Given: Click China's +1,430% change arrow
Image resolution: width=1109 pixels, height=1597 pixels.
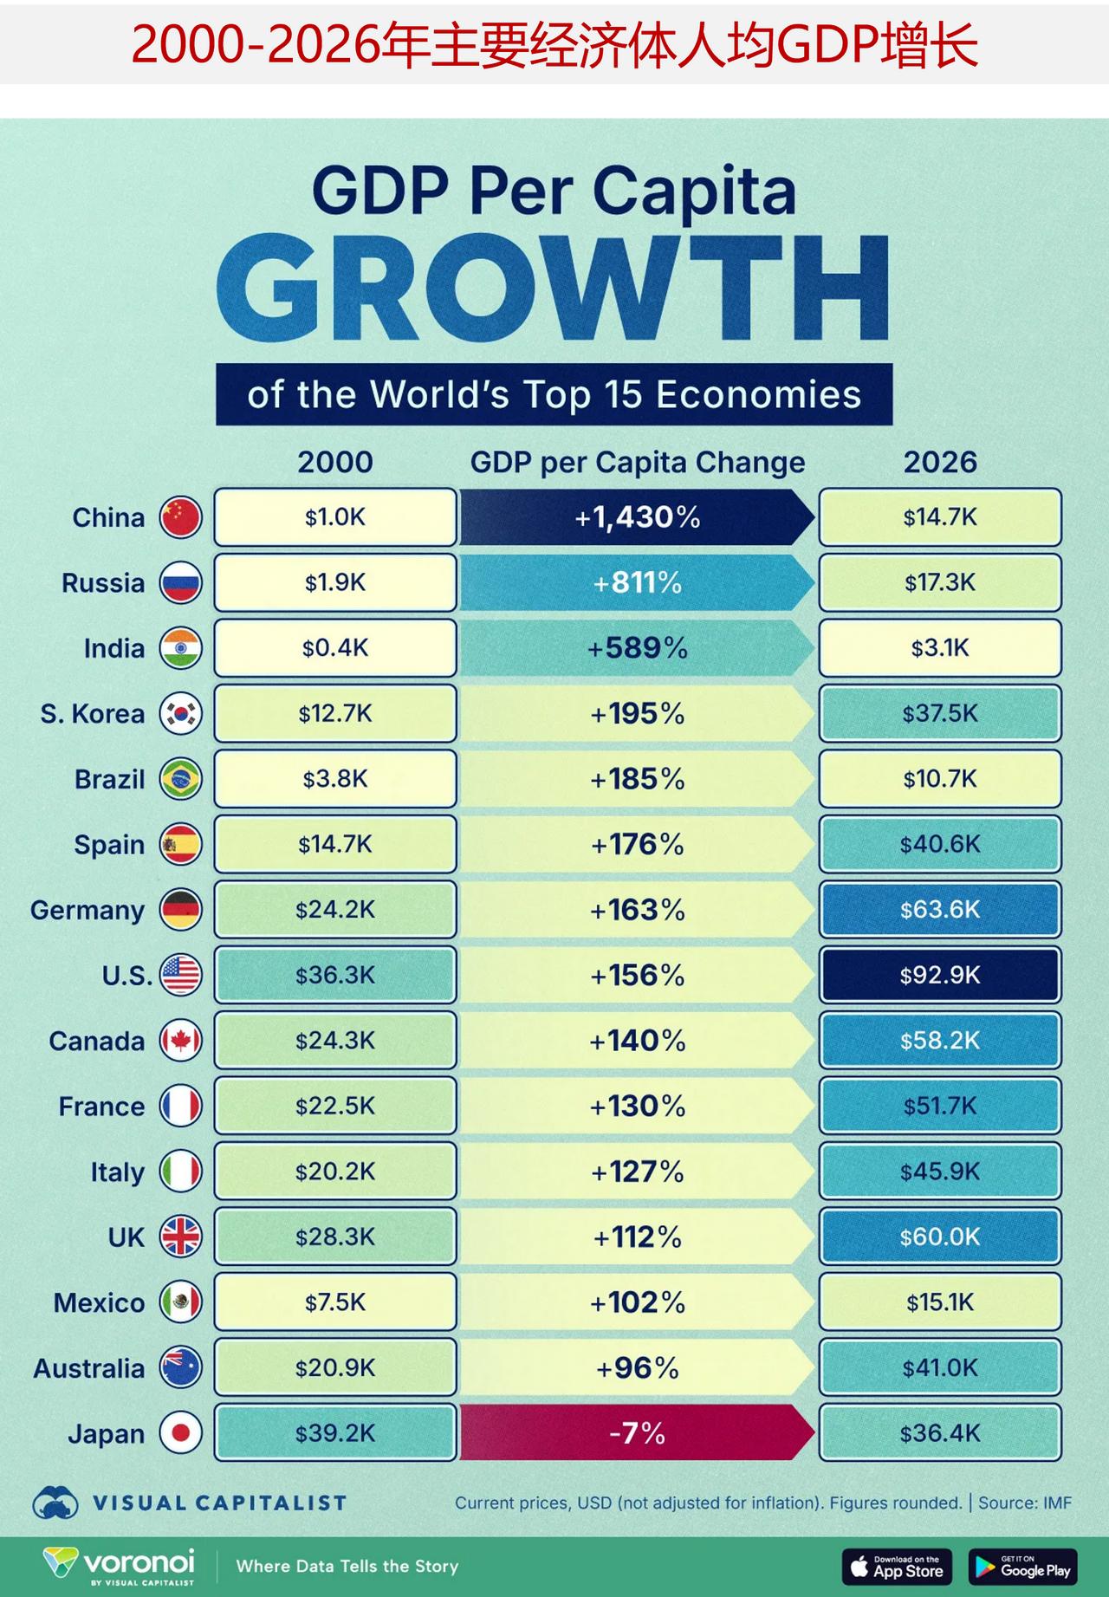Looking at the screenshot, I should (x=637, y=517).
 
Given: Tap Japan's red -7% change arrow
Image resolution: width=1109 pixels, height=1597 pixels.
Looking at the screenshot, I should (x=637, y=1433).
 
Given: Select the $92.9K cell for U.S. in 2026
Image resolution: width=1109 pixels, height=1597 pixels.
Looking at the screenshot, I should (x=940, y=975).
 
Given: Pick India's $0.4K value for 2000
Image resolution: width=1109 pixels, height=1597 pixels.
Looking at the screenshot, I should (x=335, y=648).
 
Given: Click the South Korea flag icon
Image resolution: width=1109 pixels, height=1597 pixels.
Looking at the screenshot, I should (x=181, y=714).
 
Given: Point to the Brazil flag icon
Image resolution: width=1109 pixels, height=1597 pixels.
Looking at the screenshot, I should (x=181, y=779).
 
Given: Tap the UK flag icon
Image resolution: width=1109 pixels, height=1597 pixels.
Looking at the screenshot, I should (x=181, y=1237).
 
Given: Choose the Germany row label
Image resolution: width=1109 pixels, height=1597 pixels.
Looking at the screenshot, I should (x=88, y=910).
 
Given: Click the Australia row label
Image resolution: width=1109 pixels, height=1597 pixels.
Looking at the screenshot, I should (x=89, y=1368).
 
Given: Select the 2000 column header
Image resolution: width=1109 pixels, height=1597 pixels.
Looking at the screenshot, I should (x=335, y=462).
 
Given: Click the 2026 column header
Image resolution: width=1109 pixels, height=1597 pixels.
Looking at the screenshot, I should (x=940, y=462).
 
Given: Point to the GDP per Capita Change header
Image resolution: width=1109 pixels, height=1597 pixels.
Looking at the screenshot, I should (x=638, y=462).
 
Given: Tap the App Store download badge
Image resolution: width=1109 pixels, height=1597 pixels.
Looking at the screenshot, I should (x=897, y=1567).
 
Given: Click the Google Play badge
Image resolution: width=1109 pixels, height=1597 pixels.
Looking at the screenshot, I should (x=1023, y=1567).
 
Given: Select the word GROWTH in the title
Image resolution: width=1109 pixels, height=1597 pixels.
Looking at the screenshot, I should (x=554, y=289).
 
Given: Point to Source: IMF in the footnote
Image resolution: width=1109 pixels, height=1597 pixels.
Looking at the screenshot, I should (x=1025, y=1503).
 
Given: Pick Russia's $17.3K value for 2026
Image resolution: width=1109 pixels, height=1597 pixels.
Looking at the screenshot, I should (x=940, y=583).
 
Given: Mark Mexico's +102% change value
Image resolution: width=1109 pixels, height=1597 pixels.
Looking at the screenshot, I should (x=637, y=1302).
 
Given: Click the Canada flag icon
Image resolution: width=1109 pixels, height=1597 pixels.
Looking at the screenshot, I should (x=181, y=1041).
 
